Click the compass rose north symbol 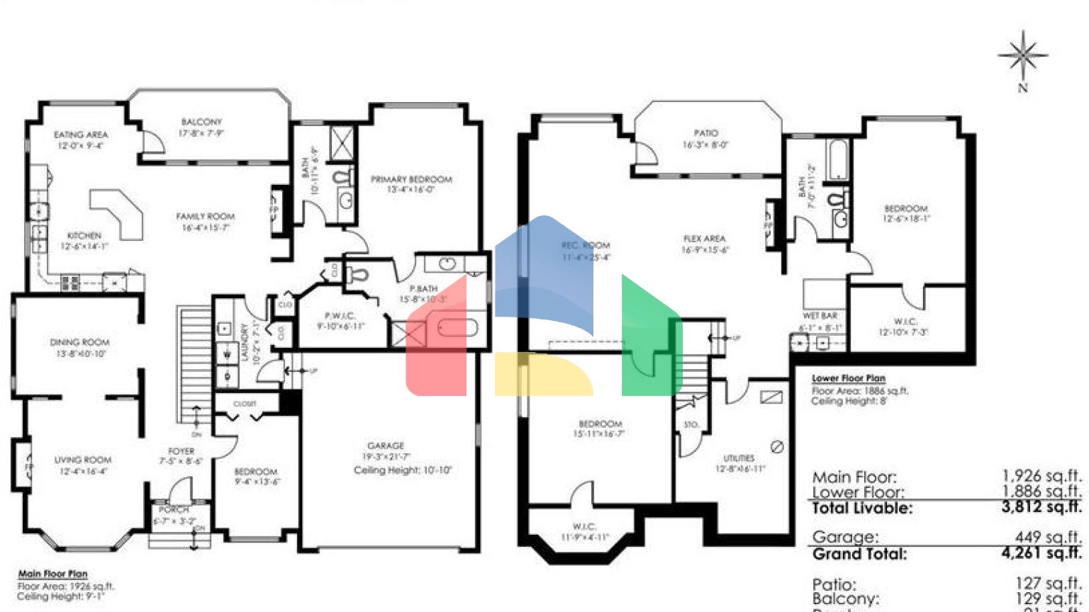coord(1022,55)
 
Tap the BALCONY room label coord(201,122)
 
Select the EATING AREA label coord(81,135)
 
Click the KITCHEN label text coord(84,235)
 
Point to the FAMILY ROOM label coord(205,216)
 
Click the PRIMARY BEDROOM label coord(411,179)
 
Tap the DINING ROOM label coord(79,342)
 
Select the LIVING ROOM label coord(83,460)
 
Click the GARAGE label coord(386,446)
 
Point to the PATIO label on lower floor coord(705,133)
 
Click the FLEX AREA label coord(704,239)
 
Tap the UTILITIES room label coord(739,458)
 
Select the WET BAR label coord(820,316)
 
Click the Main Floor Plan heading coord(53,574)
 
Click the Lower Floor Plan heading coord(848,378)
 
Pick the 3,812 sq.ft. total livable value coord(1041,506)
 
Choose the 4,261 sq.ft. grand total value coord(1041,552)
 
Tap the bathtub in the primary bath coord(458,327)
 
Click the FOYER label coord(181,451)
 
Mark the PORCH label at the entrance coord(174,509)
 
